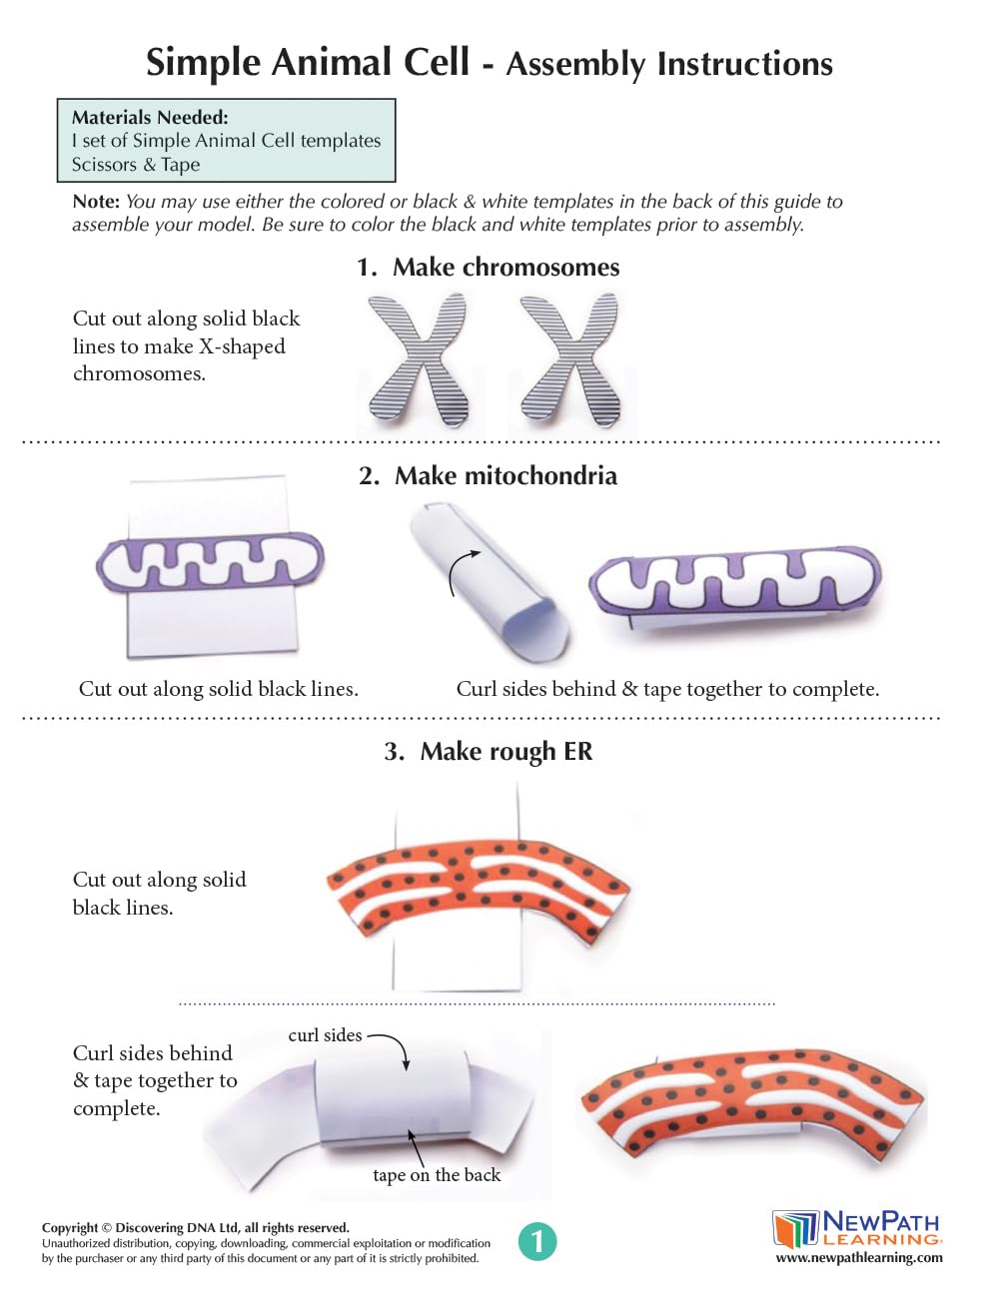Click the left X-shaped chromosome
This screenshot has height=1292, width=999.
coord(419,359)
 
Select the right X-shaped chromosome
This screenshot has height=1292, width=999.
coord(570,359)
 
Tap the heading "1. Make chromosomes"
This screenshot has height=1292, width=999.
coord(488,268)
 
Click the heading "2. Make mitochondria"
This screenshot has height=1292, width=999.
coord(488,476)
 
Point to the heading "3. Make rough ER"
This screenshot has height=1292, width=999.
coord(488,752)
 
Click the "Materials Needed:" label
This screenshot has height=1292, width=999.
coord(150,118)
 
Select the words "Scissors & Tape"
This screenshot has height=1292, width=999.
coord(136,165)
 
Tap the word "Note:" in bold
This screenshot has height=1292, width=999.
coord(96,202)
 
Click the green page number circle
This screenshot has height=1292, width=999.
coord(537,1241)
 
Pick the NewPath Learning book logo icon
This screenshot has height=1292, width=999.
coord(795,1228)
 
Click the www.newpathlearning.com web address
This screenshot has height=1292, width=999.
coord(859,1258)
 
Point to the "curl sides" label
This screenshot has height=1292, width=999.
coord(325,1035)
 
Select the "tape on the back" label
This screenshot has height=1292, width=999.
coord(437,1175)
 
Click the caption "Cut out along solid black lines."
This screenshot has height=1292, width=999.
coord(218,689)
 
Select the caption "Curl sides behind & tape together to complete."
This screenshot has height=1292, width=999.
coord(667,689)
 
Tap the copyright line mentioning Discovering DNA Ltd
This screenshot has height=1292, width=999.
coord(196,1228)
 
